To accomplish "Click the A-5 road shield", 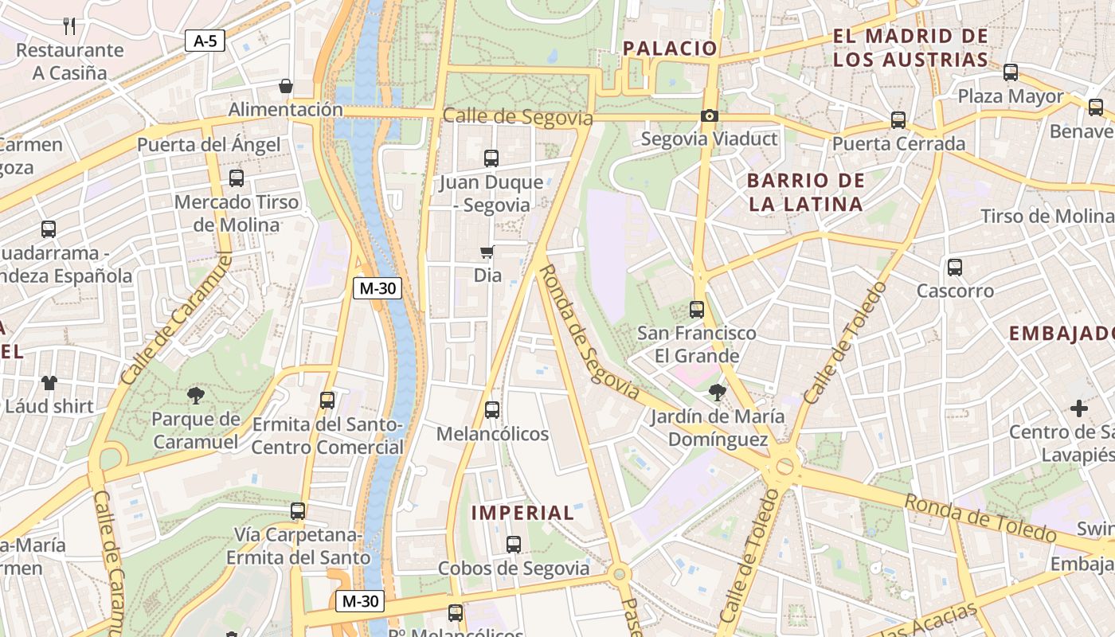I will (x=205, y=41).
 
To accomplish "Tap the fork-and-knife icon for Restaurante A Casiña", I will (x=69, y=26).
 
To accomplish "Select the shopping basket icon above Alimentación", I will (x=285, y=86).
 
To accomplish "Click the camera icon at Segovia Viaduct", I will (x=709, y=116).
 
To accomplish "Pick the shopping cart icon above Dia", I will (x=487, y=252).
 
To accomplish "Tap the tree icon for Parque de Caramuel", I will (x=195, y=395).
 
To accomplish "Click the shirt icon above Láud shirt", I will (x=49, y=383).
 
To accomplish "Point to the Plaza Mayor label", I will (x=1011, y=96).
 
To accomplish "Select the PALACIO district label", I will (x=670, y=48).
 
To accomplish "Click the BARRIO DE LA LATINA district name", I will (x=806, y=192).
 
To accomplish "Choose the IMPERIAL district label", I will (x=522, y=513).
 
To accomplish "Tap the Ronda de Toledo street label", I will (x=980, y=518).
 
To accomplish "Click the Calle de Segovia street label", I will (x=518, y=117).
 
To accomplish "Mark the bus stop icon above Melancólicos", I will (x=492, y=410).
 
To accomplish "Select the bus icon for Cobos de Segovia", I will (x=514, y=545).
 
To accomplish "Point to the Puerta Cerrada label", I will (x=898, y=144).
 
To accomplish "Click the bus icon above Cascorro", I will (x=955, y=268).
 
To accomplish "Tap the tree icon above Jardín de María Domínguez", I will (x=717, y=393).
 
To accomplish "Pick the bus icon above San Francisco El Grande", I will (x=697, y=309).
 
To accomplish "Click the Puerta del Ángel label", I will (x=209, y=145).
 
